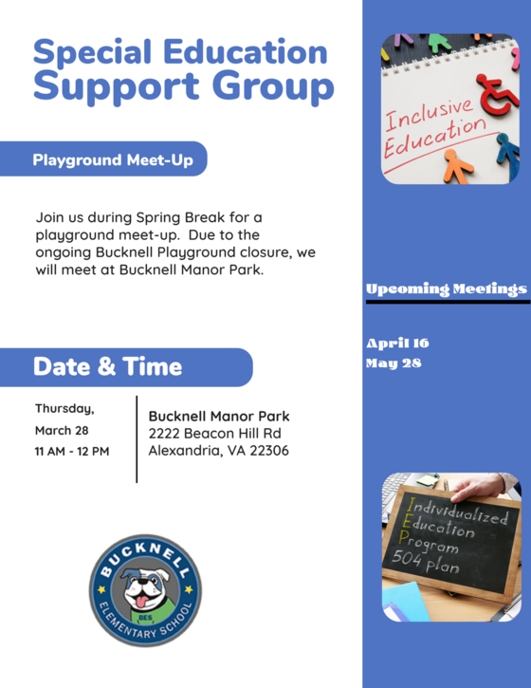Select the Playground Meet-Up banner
[x=113, y=160]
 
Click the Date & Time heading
[x=107, y=366]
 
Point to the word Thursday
[x=64, y=409]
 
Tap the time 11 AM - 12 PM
[x=72, y=451]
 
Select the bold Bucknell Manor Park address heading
[x=219, y=416]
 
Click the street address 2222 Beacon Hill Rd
[x=214, y=433]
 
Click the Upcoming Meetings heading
[x=446, y=288]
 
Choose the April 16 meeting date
[x=397, y=344]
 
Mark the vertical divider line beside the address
[x=137, y=438]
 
